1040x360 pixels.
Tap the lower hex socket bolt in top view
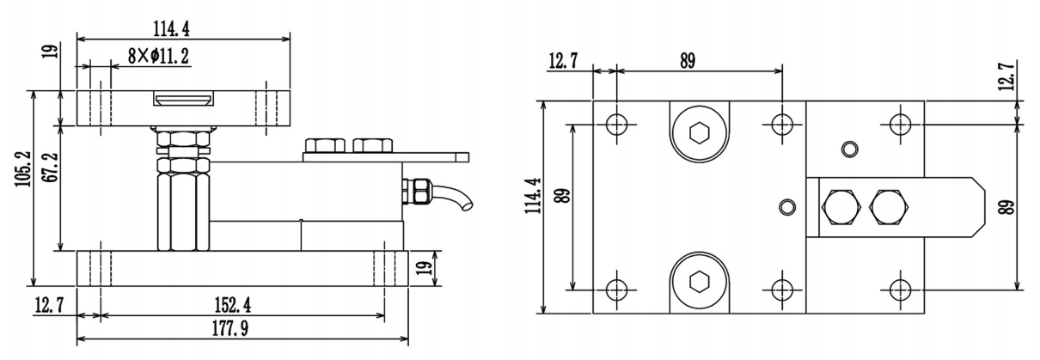point(700,280)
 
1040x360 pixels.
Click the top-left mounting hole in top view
point(616,124)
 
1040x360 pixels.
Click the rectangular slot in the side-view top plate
point(183,101)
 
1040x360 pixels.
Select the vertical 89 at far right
point(1026,206)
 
